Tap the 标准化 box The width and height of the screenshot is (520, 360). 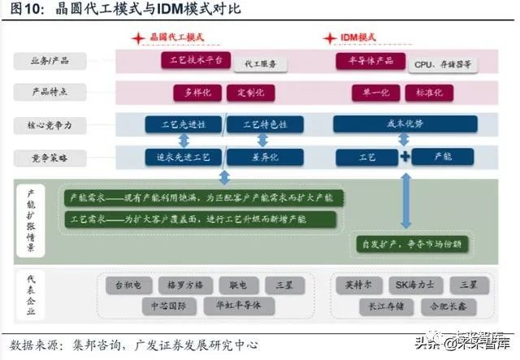[429, 92]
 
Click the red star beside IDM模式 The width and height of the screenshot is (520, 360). [329, 38]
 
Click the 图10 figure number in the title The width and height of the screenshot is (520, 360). [24, 9]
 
